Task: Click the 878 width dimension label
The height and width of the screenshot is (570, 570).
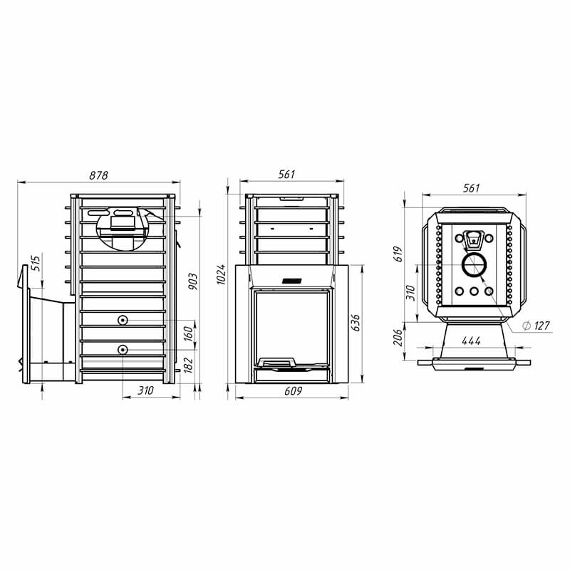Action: coord(98,175)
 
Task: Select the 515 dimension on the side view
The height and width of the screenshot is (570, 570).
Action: coord(36,263)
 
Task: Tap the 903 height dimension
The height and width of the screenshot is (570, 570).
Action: coord(193,281)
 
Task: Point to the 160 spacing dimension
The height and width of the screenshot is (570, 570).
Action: coord(188,333)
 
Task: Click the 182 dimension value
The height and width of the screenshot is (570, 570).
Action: coord(188,365)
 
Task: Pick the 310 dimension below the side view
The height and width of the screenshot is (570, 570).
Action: coord(145,390)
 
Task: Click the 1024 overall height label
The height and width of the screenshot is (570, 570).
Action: coord(221,274)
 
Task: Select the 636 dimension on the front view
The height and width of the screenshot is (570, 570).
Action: coord(356,323)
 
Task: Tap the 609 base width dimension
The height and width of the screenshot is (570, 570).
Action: coord(293,390)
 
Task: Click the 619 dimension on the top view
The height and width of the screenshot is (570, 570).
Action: coord(399,254)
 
